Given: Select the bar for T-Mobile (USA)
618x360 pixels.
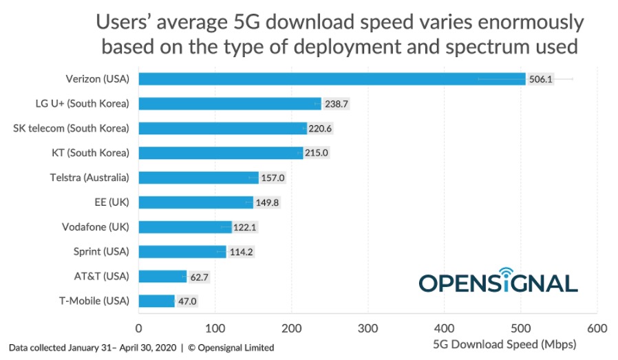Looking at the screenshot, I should pos(157,301).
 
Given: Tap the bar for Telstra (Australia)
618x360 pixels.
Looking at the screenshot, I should pos(198,178).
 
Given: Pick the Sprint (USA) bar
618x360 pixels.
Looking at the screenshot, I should pos(182,251).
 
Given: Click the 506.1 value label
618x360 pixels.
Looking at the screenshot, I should pos(540,79).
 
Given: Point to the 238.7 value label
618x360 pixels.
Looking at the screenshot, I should pos(337,104).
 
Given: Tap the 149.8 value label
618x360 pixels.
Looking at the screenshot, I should pos(268,202).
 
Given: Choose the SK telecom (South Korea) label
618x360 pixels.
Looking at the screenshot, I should pos(71,128).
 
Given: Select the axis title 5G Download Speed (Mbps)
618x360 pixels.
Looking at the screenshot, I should pos(504,344).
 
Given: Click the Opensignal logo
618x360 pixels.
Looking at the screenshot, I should pos(498,279).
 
